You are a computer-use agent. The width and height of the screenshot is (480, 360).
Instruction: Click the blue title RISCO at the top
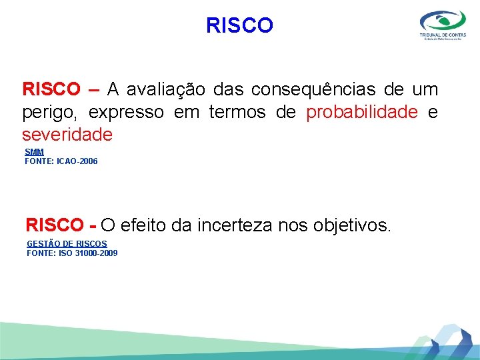pyautogui.click(x=239, y=25)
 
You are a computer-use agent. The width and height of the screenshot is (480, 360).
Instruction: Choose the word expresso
pyautogui.click(x=126, y=112)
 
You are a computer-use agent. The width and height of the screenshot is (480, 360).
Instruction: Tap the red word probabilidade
pyautogui.click(x=361, y=112)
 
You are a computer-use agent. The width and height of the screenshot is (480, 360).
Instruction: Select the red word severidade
pyautogui.click(x=67, y=135)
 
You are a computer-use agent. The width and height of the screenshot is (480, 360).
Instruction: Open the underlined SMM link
pyautogui.click(x=34, y=152)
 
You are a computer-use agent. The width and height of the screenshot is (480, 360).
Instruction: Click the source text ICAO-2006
pyautogui.click(x=77, y=161)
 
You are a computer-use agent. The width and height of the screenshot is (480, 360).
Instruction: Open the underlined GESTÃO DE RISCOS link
pyautogui.click(x=67, y=244)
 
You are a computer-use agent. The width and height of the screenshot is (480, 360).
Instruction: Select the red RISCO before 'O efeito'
pyautogui.click(x=55, y=225)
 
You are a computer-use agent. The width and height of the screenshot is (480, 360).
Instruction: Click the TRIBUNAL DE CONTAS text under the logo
pyautogui.click(x=443, y=34)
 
